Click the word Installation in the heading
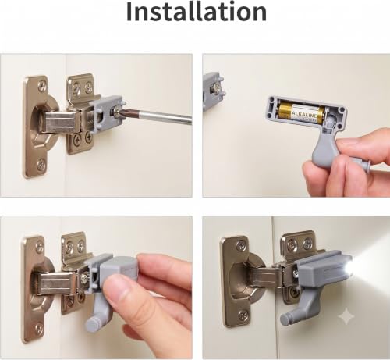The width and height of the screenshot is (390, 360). click(197, 12)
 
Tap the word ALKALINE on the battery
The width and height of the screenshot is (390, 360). click(305, 115)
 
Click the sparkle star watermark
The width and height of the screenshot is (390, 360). click(346, 316)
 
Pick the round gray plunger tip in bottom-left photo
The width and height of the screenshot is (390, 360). click(92, 324)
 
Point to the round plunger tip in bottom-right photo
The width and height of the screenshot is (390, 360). click(286, 319)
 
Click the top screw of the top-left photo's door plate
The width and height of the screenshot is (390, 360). click(41, 86)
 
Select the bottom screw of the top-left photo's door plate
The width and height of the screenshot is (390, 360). click(41, 165)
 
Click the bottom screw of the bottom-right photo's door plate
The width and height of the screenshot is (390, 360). click(243, 315)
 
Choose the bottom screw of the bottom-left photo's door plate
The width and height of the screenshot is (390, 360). click(40, 330)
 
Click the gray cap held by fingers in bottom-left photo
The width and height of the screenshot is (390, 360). click(119, 269)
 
